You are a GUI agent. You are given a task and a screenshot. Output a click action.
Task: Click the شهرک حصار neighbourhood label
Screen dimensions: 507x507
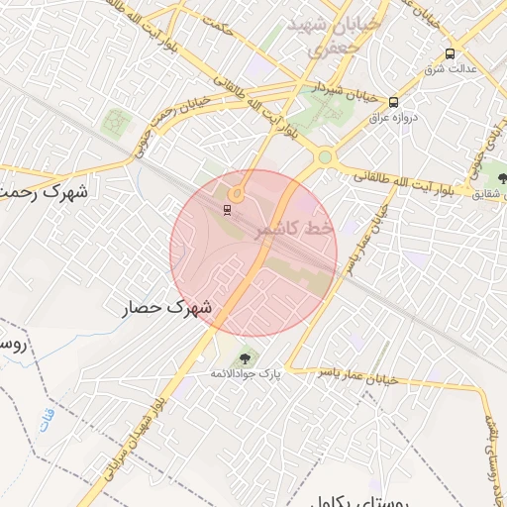click(x=167, y=308)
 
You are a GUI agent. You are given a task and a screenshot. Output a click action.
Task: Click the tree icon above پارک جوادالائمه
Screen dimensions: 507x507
click(x=245, y=357)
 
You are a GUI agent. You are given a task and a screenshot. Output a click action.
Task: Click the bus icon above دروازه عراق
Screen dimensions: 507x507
click(x=394, y=102)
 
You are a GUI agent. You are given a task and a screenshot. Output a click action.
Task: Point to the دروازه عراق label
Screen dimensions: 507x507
click(x=402, y=117)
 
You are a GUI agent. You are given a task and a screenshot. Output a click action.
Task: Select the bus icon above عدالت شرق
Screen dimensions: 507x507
click(x=451, y=54)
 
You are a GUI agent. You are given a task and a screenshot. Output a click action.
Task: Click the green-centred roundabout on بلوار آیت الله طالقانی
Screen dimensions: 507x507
click(x=324, y=156)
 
